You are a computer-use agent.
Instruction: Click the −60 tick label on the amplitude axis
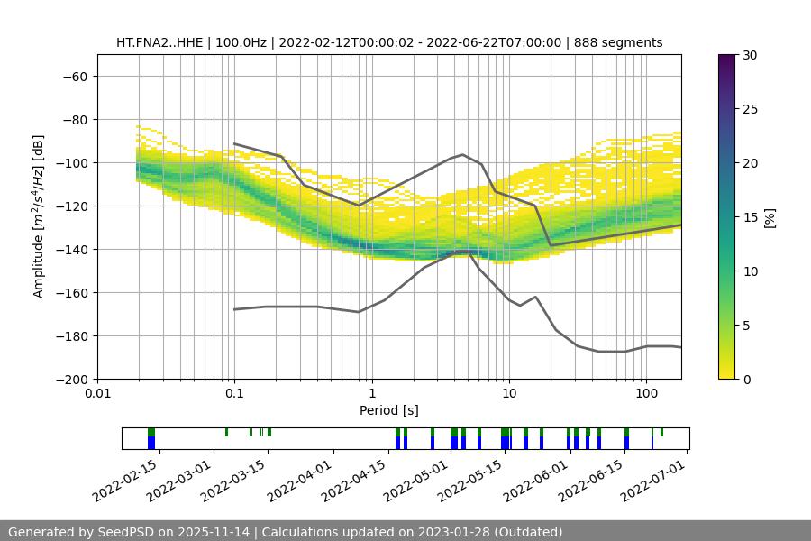point(75,76)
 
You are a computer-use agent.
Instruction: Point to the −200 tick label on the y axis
point(71,379)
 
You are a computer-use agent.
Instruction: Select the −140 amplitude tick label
point(71,249)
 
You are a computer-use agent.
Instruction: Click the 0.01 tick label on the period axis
point(97,394)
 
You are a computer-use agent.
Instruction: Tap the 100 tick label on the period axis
point(646,394)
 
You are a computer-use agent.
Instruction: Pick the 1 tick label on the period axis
point(372,394)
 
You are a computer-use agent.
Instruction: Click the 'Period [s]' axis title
point(388,410)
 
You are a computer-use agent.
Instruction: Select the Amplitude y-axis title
point(39,216)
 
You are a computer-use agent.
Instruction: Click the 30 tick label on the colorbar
point(748,55)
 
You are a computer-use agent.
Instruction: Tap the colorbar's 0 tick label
point(745,379)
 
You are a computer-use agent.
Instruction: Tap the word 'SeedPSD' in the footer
point(124,532)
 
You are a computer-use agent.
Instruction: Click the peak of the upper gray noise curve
point(463,154)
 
